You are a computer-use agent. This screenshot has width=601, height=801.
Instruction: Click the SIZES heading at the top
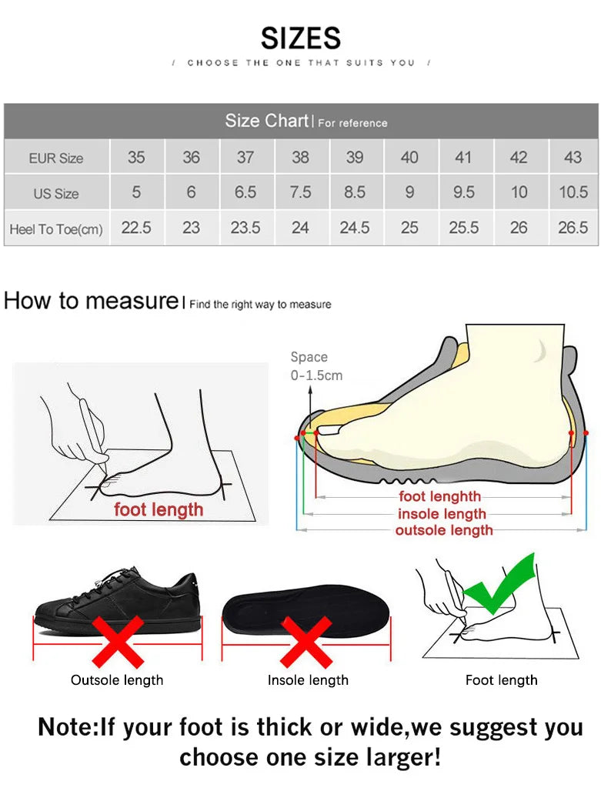300,38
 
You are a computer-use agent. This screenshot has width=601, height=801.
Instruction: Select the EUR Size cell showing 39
355,157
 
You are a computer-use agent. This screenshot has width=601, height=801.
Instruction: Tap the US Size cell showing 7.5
300,192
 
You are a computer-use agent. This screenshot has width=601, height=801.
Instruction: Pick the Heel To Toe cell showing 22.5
136,228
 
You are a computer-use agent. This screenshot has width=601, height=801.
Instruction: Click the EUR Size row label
56,158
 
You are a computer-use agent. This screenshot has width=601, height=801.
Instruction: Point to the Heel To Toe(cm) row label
56,229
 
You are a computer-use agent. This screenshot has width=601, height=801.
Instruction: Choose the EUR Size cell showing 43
573,157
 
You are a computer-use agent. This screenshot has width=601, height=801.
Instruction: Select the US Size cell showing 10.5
573,192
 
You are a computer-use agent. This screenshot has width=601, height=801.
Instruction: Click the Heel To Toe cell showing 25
409,228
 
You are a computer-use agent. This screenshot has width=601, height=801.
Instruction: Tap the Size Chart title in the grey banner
266,121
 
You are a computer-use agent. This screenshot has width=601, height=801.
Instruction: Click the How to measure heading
91,301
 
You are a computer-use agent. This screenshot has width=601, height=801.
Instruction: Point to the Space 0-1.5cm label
316,366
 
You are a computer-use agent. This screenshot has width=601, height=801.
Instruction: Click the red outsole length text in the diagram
444,530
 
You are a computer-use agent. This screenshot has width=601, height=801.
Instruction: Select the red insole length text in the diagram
442,514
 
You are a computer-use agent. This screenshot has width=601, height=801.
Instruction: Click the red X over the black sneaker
118,642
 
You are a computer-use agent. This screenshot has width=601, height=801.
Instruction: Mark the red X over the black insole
306,642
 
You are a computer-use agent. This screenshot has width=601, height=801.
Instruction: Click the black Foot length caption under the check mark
501,680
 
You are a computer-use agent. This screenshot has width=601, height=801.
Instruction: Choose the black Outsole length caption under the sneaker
117,680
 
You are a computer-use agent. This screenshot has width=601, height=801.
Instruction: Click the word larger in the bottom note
401,757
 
